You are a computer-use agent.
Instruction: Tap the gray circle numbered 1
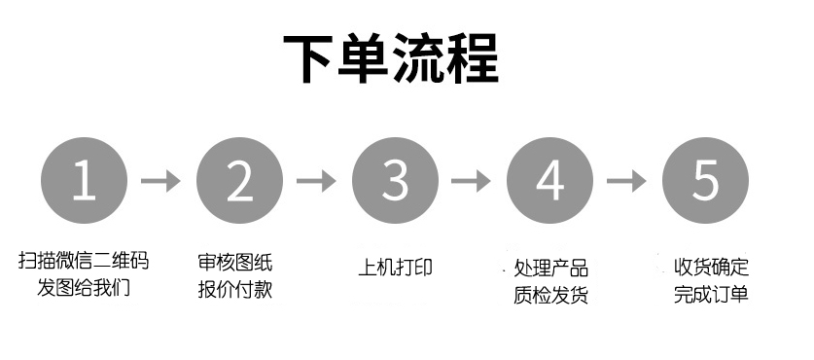85,180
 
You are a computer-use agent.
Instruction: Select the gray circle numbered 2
239,180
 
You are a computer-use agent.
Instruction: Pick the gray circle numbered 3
395,180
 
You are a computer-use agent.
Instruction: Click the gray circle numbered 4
550,180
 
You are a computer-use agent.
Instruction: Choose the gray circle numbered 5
705,180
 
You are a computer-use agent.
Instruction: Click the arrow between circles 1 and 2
161,181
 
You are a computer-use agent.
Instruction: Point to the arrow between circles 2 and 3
316,181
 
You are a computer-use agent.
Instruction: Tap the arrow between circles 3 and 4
472,181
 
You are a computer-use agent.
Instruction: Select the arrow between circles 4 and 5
627,181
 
